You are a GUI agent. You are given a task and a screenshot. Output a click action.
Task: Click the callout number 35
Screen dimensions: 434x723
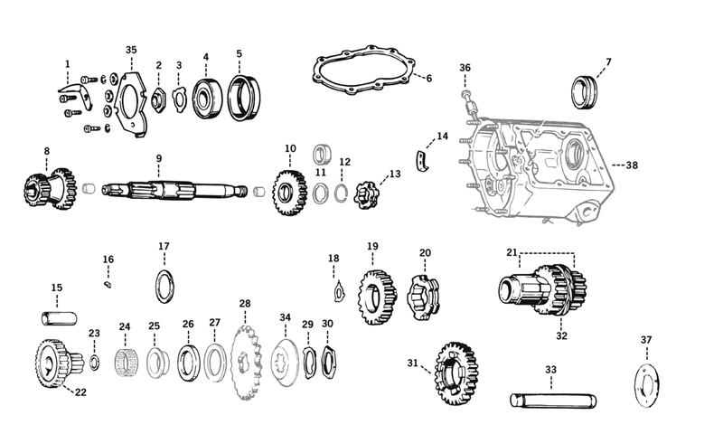pos(131,49)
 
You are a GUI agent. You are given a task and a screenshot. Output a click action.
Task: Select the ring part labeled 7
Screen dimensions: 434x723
pos(586,90)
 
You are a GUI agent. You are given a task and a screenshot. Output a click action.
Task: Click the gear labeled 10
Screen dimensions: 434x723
pos(289,192)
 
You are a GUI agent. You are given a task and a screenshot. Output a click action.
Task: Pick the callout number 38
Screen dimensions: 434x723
pos(632,165)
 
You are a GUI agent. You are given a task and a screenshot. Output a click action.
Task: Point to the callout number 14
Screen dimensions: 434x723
pos(442,137)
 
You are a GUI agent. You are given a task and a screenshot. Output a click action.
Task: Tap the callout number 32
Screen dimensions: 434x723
pos(561,335)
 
